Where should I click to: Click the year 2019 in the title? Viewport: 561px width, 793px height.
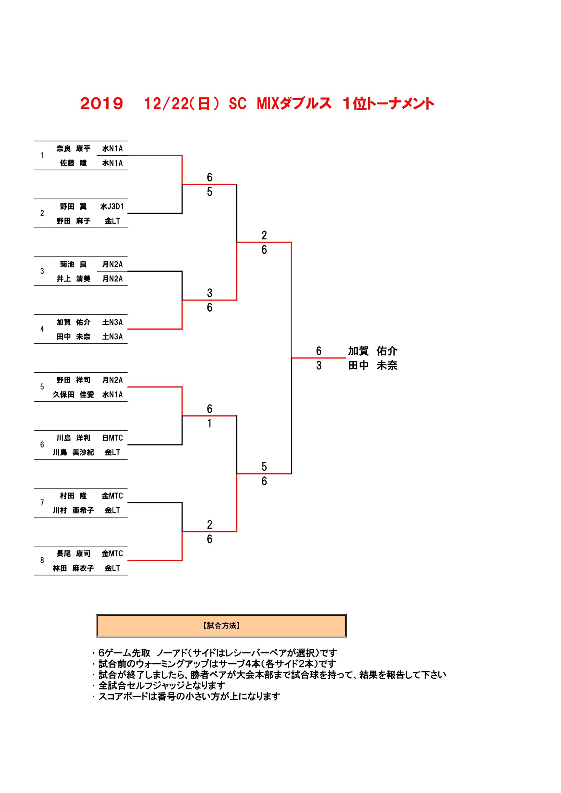(102, 103)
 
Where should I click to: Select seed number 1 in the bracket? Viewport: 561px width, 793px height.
(42, 156)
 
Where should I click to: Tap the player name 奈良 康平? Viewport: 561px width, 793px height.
(73, 148)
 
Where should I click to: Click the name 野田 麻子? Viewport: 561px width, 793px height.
(73, 221)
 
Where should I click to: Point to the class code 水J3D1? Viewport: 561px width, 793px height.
(112, 207)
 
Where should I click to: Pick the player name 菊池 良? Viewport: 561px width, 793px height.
(73, 264)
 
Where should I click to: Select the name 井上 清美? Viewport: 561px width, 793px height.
(73, 279)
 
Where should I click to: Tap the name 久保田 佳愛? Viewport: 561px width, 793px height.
(73, 394)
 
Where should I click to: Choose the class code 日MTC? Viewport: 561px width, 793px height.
(112, 438)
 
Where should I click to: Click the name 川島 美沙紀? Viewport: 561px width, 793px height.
(73, 453)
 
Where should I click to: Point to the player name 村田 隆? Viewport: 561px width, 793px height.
(73, 496)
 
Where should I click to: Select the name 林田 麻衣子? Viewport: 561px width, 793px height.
(73, 568)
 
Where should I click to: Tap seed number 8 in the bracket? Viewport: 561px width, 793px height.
(42, 561)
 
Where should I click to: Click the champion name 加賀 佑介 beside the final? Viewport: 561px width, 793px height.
(373, 351)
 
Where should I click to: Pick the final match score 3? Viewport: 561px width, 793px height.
(319, 366)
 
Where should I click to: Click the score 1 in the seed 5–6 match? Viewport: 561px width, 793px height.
(210, 423)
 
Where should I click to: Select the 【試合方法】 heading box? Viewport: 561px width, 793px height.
(221, 625)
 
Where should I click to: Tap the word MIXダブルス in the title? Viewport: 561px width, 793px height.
(294, 103)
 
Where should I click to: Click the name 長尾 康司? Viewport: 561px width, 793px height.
(73, 554)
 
